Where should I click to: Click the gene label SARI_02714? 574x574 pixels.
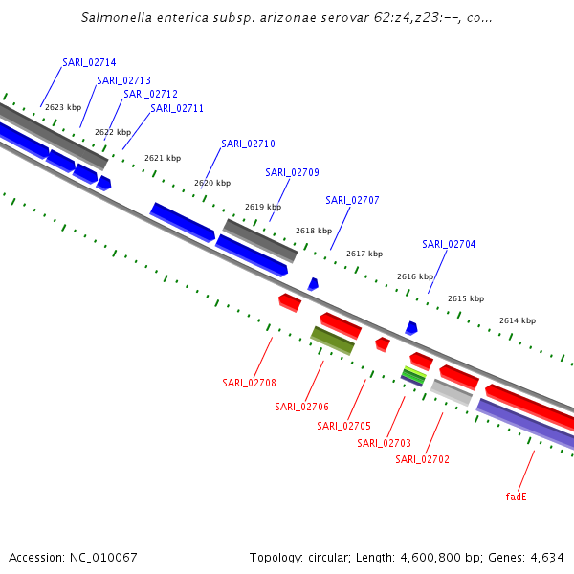pos(89,62)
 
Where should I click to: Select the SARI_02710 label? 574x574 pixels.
pos(248,143)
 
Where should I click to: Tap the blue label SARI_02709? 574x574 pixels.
pos(292,172)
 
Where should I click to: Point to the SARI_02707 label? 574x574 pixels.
pos(352,200)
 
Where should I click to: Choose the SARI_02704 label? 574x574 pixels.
pos(449,244)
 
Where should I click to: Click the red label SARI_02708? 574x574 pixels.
pos(249,383)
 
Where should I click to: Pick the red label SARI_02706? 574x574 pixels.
pos(301,407)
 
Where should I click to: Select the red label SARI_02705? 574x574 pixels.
pos(343,426)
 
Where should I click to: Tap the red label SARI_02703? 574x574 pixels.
pos(384,443)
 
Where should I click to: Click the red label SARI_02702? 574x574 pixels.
pos(422,459)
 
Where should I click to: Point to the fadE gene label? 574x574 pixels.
pos(517,497)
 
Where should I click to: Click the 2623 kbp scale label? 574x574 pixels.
pos(63,107)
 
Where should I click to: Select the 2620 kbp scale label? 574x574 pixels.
pos(212,183)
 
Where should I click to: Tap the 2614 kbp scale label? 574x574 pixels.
pos(518,320)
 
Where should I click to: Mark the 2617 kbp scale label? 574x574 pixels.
pos(364,254)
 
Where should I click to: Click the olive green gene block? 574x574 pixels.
pos(332,340)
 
